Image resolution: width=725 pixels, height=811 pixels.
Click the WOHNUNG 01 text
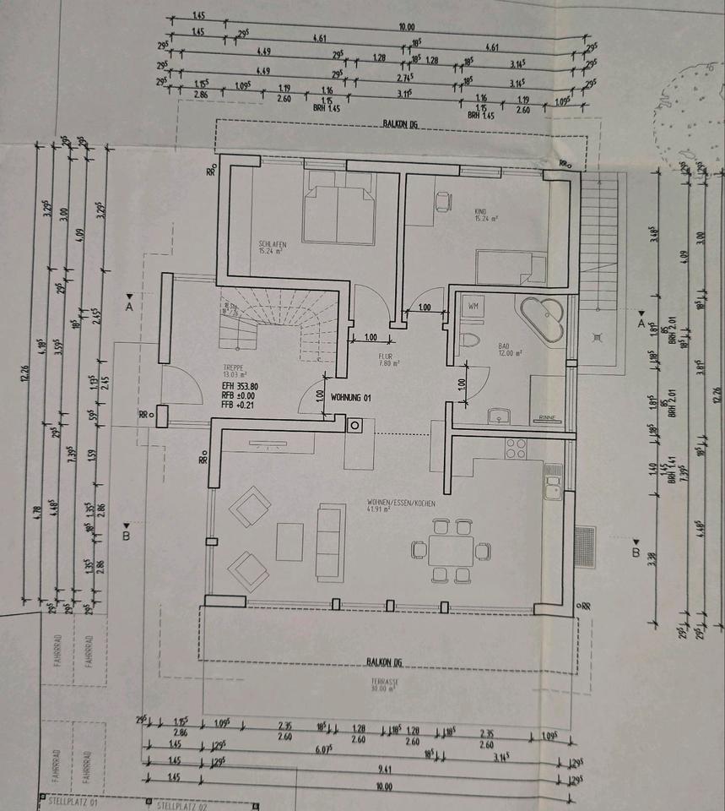(351, 396)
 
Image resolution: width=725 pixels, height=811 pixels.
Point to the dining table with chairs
(450, 551)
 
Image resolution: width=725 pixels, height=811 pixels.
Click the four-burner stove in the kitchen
(516, 448)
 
